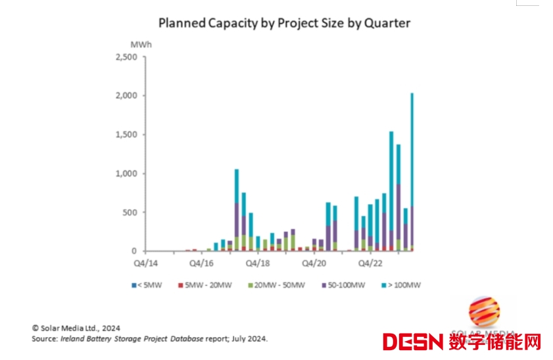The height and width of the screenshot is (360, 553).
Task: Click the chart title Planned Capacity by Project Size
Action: pyautogui.click(x=284, y=23)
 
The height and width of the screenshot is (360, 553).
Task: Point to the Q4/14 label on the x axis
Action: pyautogui.click(x=145, y=263)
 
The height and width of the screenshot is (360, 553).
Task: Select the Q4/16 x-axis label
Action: pyautogui.click(x=201, y=263)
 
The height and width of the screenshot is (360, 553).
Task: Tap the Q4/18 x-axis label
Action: pyautogui.click(x=257, y=263)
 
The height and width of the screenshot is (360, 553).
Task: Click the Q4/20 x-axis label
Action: pyautogui.click(x=314, y=263)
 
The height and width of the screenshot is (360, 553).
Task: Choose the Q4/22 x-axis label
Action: pyautogui.click(x=370, y=263)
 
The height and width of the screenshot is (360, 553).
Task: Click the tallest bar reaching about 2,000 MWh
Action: pyautogui.click(x=412, y=171)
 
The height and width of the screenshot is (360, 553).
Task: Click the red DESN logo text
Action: pyautogui.click(x=414, y=342)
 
